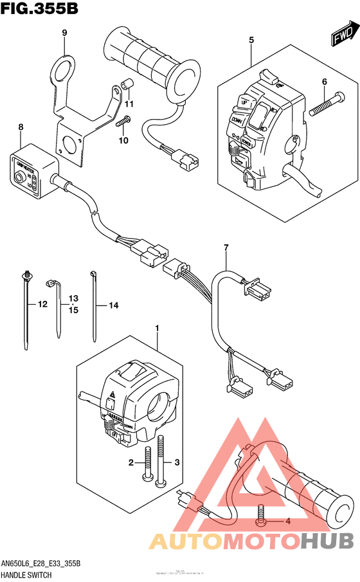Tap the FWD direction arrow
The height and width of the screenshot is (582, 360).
(x=343, y=36)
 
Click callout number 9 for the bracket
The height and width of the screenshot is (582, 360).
(x=64, y=33)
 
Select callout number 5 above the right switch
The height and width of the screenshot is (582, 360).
(x=251, y=40)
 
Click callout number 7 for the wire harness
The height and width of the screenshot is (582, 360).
(x=226, y=248)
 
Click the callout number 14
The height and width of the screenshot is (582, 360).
(x=113, y=305)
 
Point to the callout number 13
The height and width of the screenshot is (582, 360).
(x=73, y=298)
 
